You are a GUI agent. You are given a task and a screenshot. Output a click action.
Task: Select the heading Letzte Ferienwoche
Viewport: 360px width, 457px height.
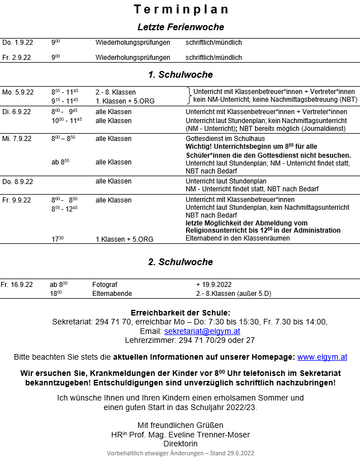coord(181,27)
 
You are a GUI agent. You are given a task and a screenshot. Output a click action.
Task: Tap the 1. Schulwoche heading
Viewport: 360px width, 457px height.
coord(181,74)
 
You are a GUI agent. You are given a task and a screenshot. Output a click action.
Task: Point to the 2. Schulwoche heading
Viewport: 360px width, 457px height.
coord(181,262)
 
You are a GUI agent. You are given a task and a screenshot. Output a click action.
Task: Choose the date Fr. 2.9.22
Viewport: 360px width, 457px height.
coord(16,58)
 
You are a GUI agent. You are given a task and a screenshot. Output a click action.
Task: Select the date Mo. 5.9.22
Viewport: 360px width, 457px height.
coord(18,92)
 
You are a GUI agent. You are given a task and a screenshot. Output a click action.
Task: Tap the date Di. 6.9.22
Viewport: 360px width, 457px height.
coord(16,112)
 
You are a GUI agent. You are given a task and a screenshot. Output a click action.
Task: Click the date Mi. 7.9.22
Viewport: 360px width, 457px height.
coord(17,139)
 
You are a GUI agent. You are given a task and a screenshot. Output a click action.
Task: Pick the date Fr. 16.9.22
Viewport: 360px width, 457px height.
coord(17,285)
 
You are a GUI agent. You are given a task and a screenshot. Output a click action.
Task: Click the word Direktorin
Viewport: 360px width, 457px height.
coord(181,444)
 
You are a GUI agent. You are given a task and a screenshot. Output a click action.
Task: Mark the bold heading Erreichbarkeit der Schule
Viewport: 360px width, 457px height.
coord(181,312)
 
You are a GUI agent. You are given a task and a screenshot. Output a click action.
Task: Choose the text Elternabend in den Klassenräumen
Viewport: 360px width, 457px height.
coord(238,238)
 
